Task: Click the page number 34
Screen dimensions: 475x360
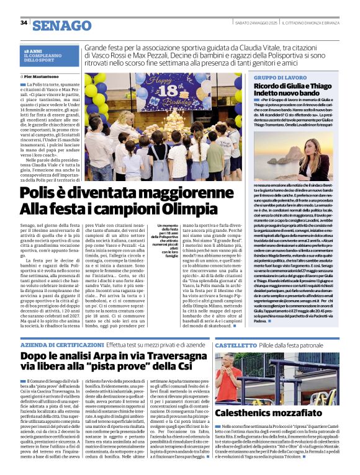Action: tap(24, 23)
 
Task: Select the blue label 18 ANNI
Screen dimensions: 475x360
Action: tap(33, 51)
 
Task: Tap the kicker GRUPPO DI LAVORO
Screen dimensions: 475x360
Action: tap(274, 78)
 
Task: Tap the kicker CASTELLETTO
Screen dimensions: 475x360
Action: tap(235, 344)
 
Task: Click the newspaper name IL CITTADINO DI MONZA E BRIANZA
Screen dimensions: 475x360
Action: tap(316, 23)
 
